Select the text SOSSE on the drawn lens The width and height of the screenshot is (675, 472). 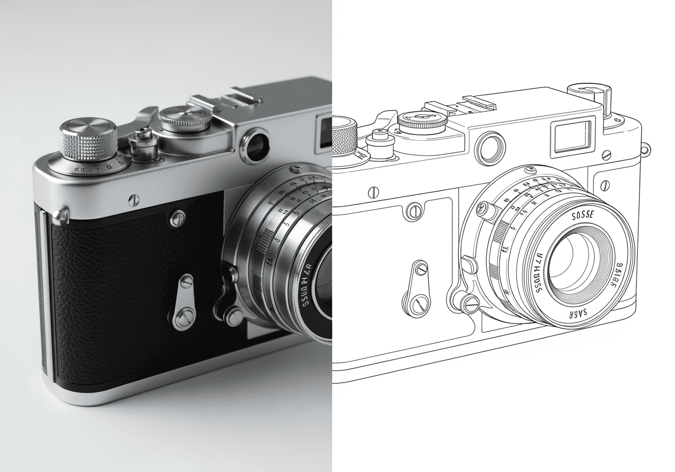click(x=583, y=215)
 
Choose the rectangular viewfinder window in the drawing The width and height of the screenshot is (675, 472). click(x=572, y=136)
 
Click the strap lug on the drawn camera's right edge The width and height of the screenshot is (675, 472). click(x=646, y=149)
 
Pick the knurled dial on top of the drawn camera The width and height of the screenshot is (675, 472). click(x=422, y=121)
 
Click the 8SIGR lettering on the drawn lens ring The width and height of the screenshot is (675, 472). click(x=618, y=273)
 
